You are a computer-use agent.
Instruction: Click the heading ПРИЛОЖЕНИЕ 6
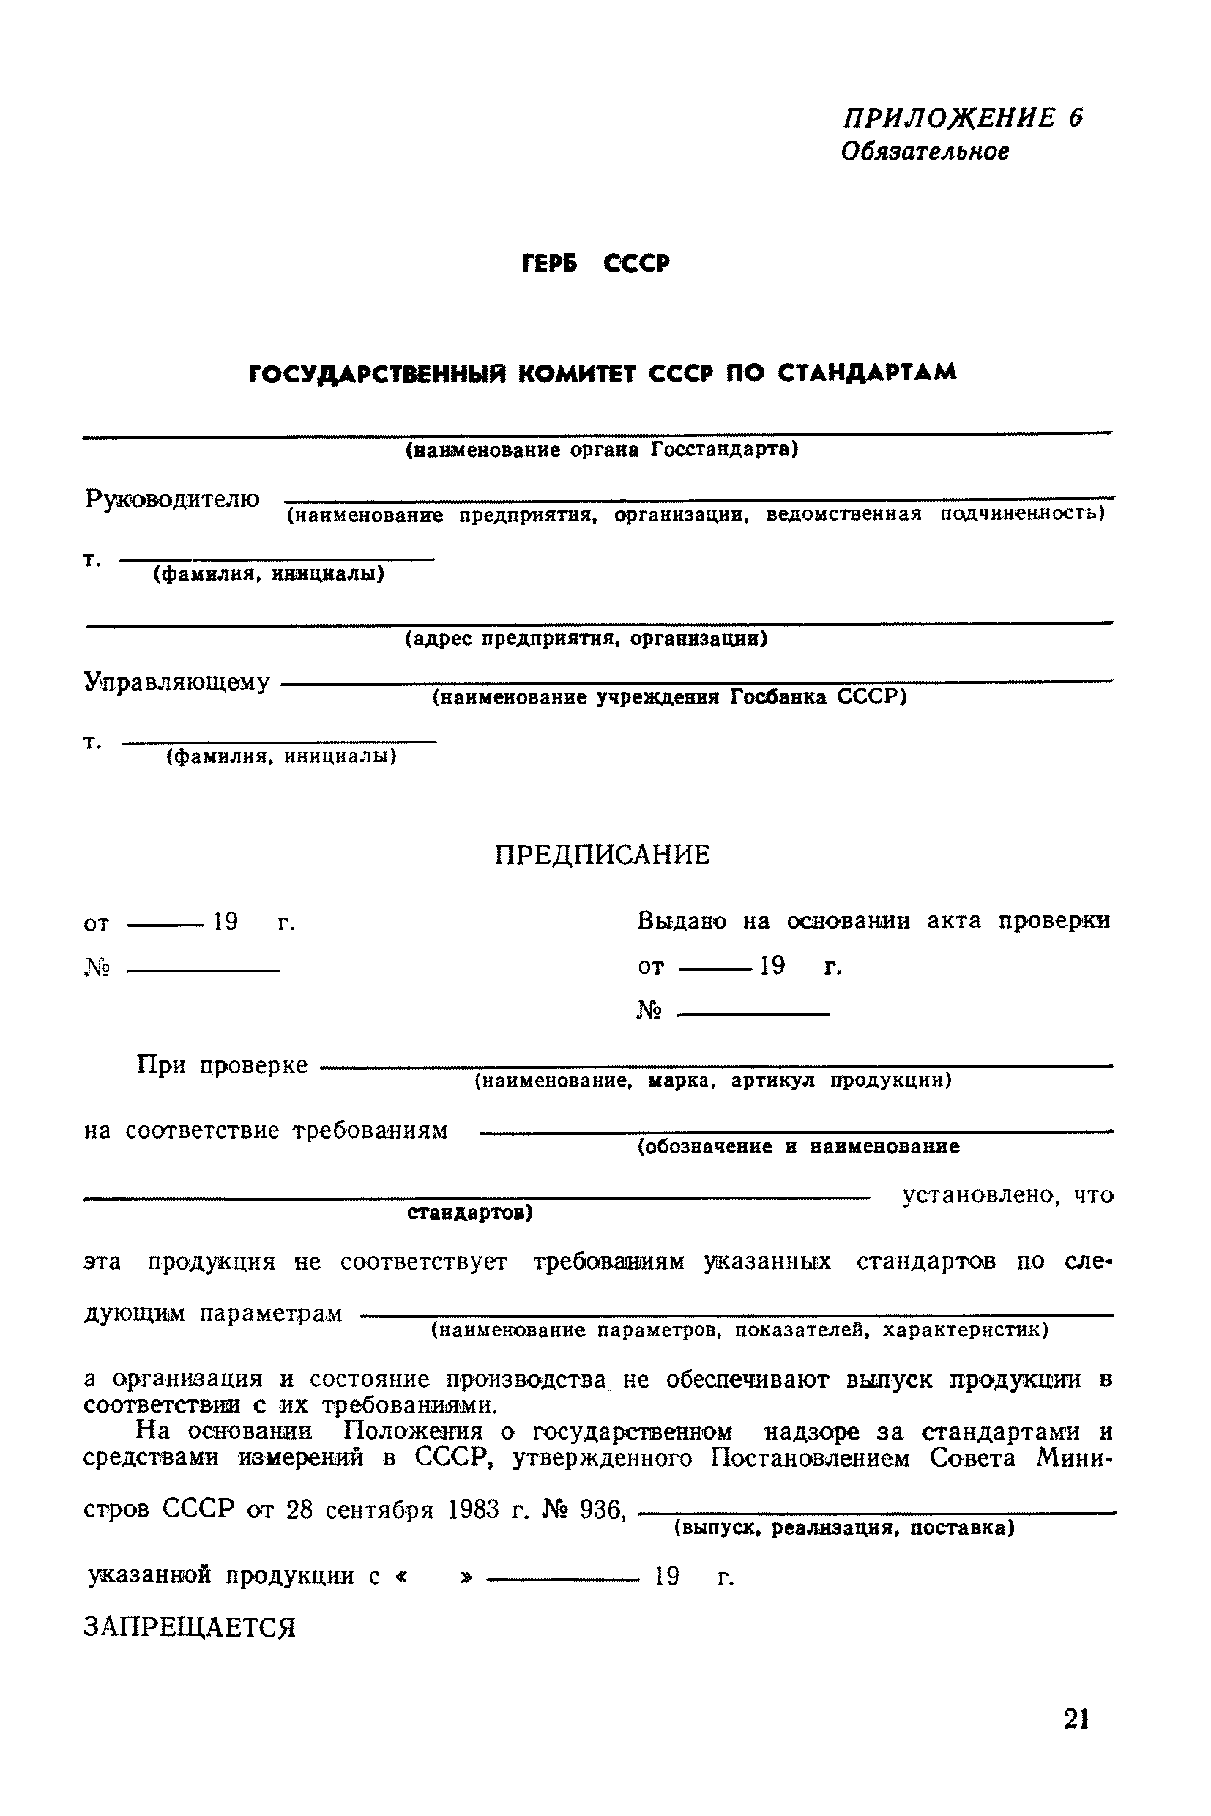pyautogui.click(x=962, y=118)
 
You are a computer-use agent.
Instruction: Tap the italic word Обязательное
pyautogui.click(x=925, y=152)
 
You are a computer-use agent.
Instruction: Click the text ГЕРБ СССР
pyautogui.click(x=596, y=265)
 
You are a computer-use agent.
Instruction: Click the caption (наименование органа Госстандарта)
pyautogui.click(x=602, y=450)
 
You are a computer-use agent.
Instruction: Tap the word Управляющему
pyautogui.click(x=177, y=682)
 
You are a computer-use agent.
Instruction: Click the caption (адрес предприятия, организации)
pyautogui.click(x=586, y=639)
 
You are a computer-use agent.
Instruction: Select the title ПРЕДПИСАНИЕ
pyautogui.click(x=602, y=855)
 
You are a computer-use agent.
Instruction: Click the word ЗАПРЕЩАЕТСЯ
pyautogui.click(x=189, y=1628)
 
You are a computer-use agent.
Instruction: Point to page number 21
pyautogui.click(x=1076, y=1719)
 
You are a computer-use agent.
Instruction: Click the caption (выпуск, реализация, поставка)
pyautogui.click(x=844, y=1529)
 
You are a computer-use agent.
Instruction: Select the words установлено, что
pyautogui.click(x=1007, y=1197)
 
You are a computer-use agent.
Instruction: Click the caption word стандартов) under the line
pyautogui.click(x=469, y=1213)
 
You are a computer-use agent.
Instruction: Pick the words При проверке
pyautogui.click(x=223, y=1066)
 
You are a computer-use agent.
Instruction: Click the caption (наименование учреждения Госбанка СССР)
pyautogui.click(x=668, y=698)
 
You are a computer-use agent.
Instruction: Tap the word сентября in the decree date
pyautogui.click(x=379, y=1509)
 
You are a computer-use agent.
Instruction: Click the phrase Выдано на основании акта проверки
pyautogui.click(x=873, y=920)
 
